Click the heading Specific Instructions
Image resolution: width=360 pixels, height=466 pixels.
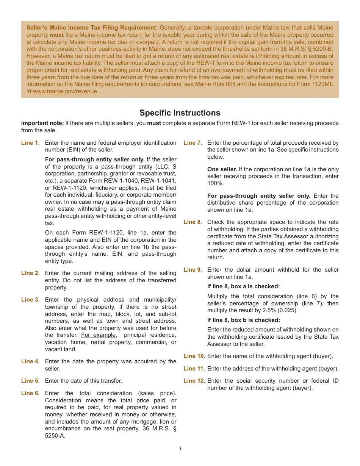180,113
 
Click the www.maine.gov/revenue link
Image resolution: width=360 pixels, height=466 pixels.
65,91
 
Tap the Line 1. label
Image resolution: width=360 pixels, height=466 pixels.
30,143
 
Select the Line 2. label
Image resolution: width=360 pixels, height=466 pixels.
30,273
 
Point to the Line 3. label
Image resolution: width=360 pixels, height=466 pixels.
30,300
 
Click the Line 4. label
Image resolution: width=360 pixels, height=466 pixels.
30,361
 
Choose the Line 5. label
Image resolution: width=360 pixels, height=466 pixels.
30,381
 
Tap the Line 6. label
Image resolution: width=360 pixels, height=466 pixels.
30,393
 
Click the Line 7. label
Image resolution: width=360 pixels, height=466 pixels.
193,143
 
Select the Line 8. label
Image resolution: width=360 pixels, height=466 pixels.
193,222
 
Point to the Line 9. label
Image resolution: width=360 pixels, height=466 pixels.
193,270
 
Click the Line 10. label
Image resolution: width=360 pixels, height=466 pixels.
194,356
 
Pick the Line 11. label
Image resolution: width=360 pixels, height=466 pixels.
194,369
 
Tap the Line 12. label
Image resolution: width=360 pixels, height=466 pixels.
194,381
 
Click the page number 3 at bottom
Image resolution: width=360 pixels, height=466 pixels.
180,449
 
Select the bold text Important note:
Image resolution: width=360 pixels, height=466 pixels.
42,123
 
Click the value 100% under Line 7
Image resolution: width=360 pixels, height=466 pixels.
215,183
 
